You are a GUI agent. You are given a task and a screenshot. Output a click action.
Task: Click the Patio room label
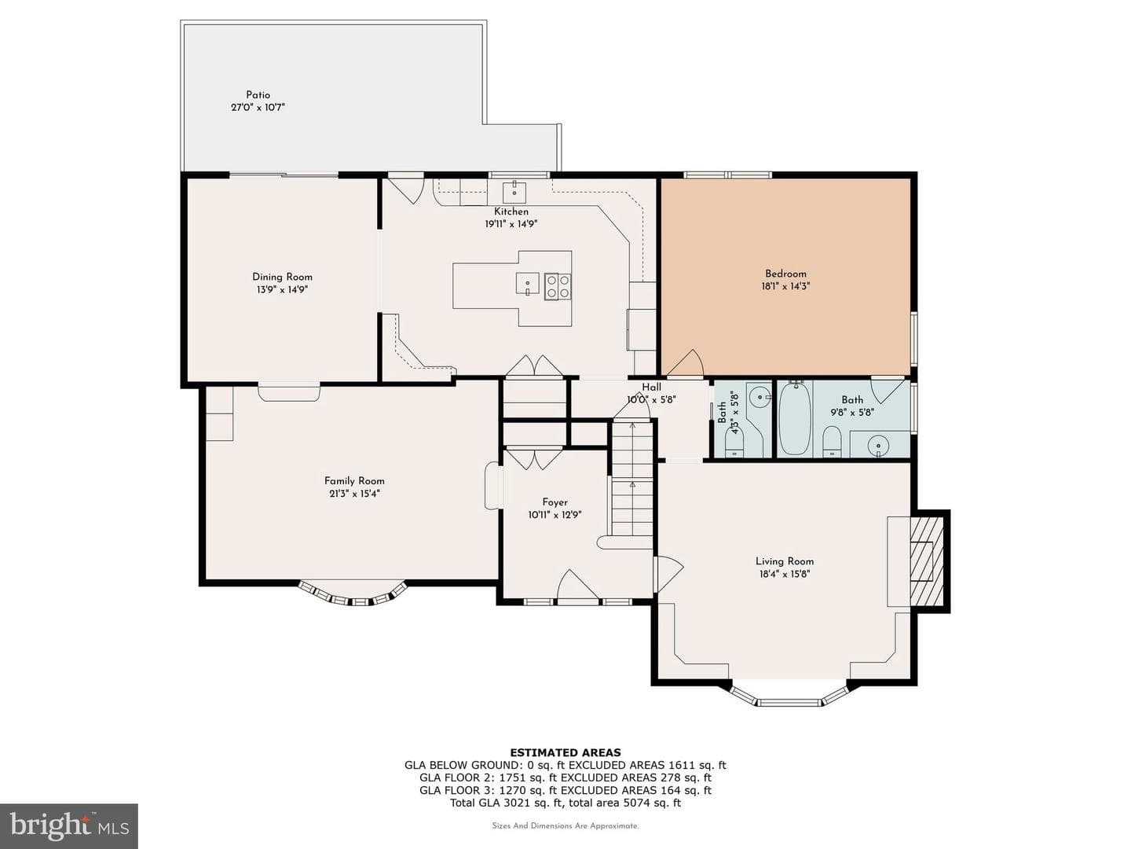[258, 95]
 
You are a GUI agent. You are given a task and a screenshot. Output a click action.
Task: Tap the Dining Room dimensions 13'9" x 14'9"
[283, 290]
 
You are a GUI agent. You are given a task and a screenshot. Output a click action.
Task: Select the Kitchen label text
[511, 211]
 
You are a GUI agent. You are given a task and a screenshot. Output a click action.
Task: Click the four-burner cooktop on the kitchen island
[558, 286]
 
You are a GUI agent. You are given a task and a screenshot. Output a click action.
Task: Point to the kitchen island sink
[528, 283]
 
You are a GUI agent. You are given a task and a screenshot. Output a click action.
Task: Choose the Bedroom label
[785, 274]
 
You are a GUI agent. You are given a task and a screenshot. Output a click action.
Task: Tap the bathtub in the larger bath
[795, 418]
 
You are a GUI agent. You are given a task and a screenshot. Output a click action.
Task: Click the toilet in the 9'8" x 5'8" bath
[832, 442]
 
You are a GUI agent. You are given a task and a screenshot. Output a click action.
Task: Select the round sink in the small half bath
[759, 397]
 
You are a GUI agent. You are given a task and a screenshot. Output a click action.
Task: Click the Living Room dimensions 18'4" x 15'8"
[785, 574]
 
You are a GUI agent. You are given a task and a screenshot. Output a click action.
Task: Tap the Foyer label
[555, 502]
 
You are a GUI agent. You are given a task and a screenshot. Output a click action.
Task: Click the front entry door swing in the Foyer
[578, 585]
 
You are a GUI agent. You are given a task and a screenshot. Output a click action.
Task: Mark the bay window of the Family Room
[353, 595]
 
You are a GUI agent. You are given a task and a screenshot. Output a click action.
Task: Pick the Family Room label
[354, 481]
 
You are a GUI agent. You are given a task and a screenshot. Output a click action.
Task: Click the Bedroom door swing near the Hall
[686, 362]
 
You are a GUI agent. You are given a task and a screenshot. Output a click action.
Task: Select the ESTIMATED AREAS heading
[565, 752]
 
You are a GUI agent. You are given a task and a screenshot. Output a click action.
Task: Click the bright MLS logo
[69, 826]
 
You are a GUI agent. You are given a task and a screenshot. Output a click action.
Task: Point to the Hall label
[651, 387]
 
